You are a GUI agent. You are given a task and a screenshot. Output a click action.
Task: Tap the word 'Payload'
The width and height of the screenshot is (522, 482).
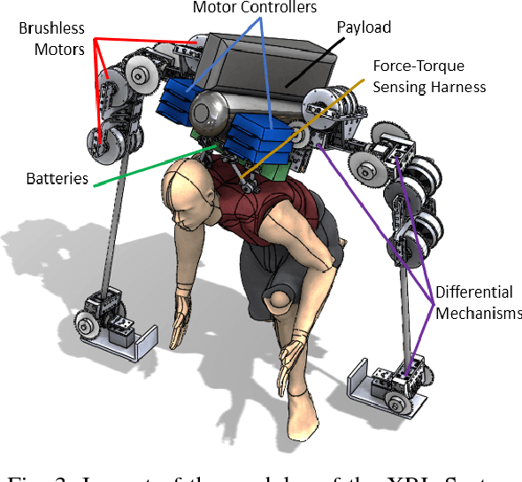point(365,27)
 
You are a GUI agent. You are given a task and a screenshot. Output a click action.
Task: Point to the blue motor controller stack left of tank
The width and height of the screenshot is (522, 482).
point(181,97)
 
